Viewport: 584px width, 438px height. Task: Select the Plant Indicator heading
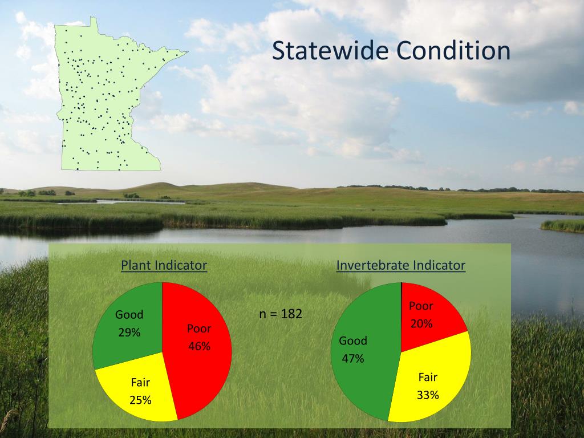pos(164,265)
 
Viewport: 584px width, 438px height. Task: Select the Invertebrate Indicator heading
pos(401,265)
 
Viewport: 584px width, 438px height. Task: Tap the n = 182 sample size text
pos(281,314)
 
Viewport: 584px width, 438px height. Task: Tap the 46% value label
pos(199,346)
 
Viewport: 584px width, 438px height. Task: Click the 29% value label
pos(129,332)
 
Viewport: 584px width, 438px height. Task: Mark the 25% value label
pos(140,400)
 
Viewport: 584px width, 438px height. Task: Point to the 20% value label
pos(421,324)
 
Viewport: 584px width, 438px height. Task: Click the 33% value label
pos(428,395)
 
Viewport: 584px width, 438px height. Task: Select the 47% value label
pos(353,359)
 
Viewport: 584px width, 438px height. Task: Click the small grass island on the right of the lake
pos(562,226)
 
